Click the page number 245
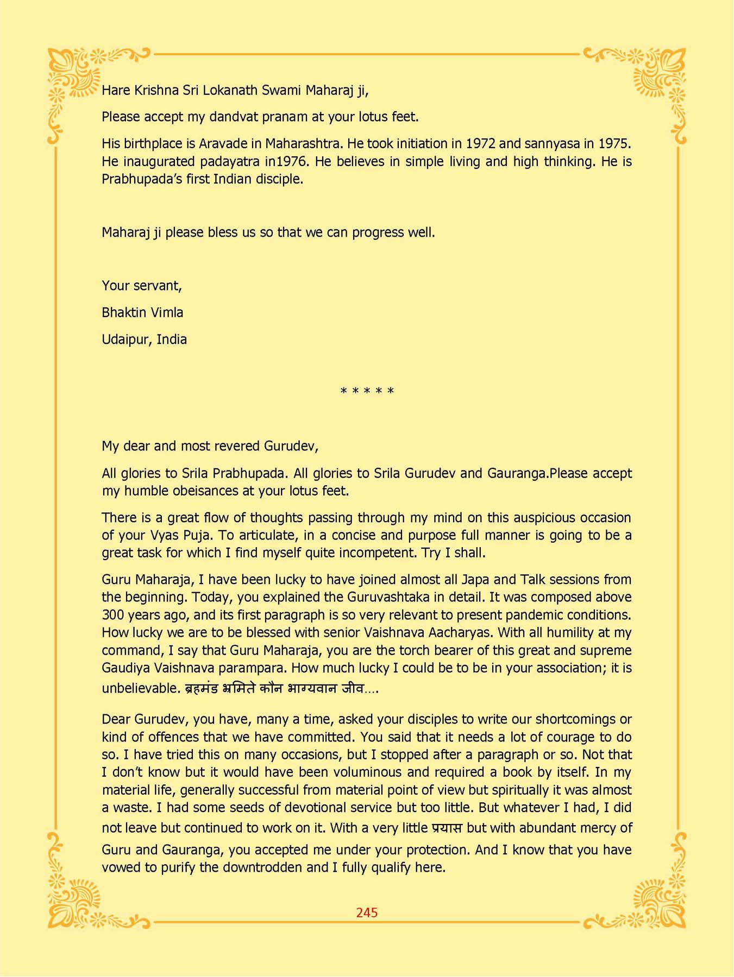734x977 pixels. (367, 912)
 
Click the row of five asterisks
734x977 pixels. (367, 391)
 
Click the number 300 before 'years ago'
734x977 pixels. (114, 615)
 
